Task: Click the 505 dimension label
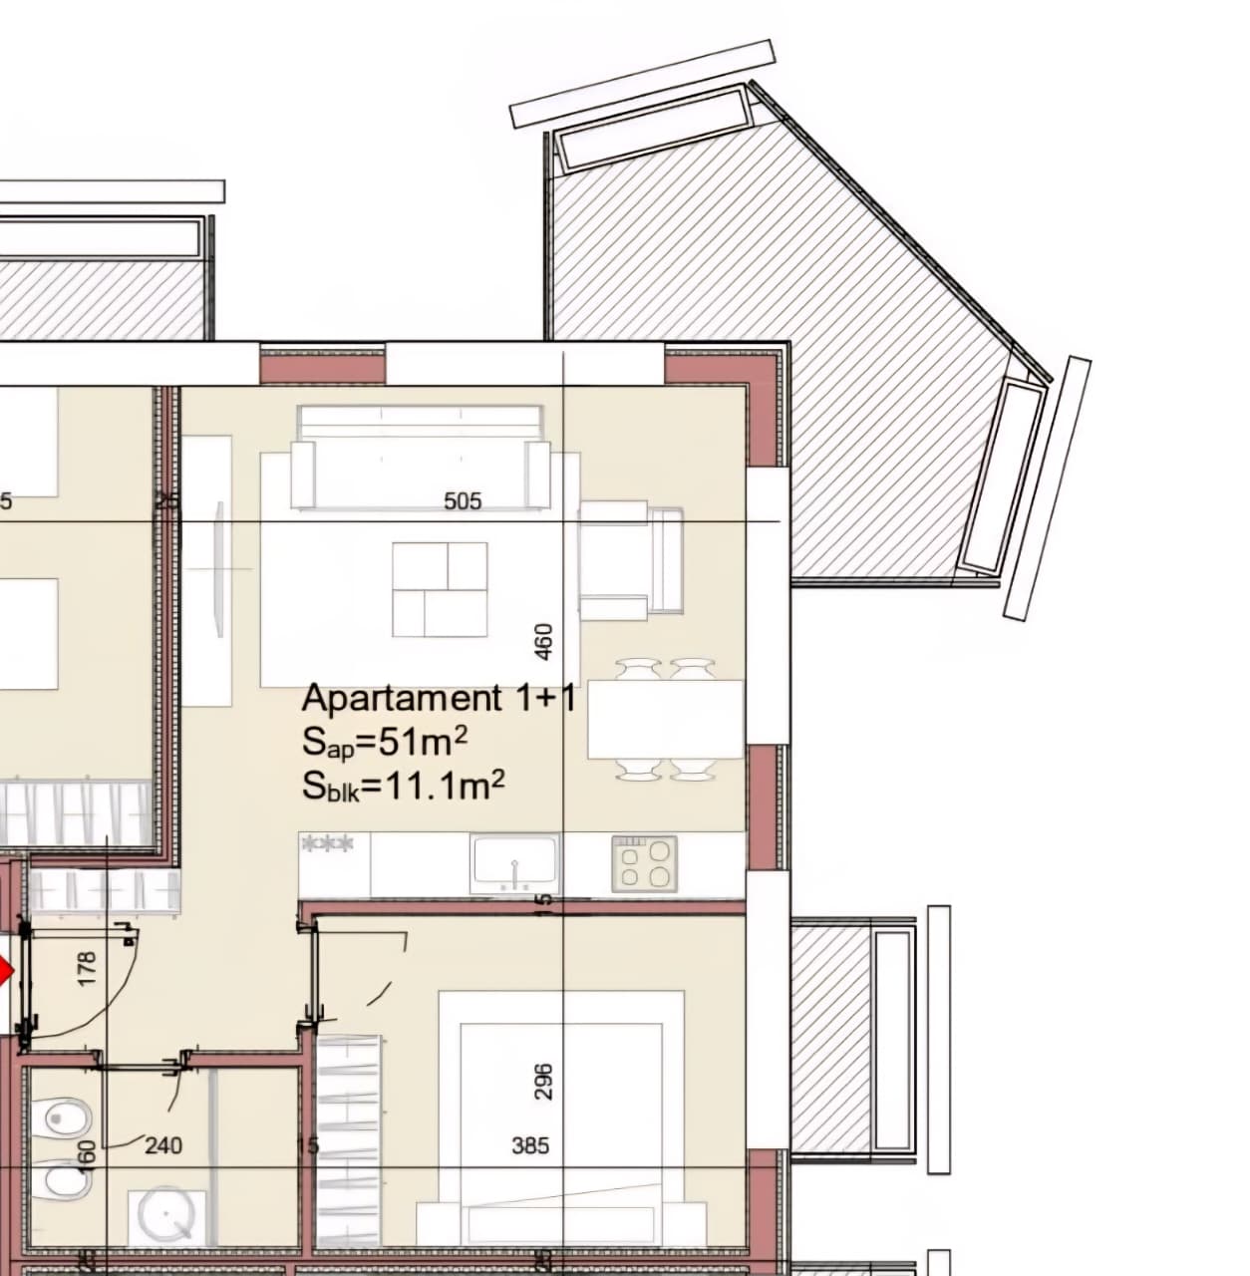pyautogui.click(x=463, y=500)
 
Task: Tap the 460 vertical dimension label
pyautogui.click(x=543, y=641)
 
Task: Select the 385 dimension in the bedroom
pyautogui.click(x=530, y=1145)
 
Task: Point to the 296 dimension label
pyautogui.click(x=543, y=1082)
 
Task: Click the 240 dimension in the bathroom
pyautogui.click(x=163, y=1145)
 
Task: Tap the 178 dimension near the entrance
pyautogui.click(x=87, y=970)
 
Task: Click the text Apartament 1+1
pyautogui.click(x=439, y=698)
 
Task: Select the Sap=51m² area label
pyautogui.click(x=385, y=743)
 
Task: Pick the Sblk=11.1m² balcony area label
pyautogui.click(x=403, y=787)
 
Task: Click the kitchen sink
pyautogui.click(x=514, y=863)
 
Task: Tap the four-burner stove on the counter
pyautogui.click(x=645, y=863)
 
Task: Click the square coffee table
pyautogui.click(x=440, y=590)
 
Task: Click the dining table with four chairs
pyautogui.click(x=665, y=719)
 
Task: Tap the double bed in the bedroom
pyautogui.click(x=561, y=1116)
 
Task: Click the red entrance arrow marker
pyautogui.click(x=5, y=973)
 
